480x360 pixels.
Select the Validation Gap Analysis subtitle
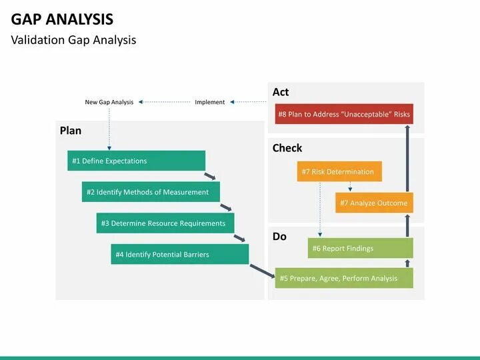(73, 40)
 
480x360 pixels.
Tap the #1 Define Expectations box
(136, 161)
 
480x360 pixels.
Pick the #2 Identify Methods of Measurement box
(151, 192)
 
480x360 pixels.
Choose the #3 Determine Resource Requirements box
(165, 223)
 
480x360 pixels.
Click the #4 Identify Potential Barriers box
(179, 254)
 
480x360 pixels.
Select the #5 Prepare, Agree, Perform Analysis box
(343, 278)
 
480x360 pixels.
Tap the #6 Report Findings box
(360, 248)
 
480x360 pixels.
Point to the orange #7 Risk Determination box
(339, 171)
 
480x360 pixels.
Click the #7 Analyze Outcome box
(374, 203)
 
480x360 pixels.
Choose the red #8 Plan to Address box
(343, 114)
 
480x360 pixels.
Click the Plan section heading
(71, 131)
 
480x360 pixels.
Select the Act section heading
(281, 92)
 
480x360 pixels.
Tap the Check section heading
(287, 148)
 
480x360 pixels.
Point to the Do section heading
(279, 237)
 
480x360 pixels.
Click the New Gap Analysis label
(109, 102)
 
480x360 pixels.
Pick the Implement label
(209, 102)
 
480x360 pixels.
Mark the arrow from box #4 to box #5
(262, 271)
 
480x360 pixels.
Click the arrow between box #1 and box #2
(211, 176)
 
